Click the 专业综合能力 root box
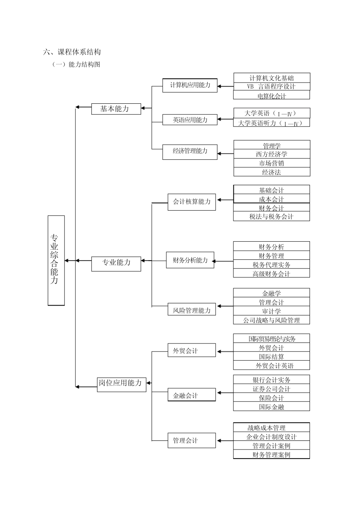[x=56, y=260]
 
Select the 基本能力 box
[x=116, y=109]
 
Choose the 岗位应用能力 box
[x=121, y=383]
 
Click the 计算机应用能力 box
[x=190, y=85]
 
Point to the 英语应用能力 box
[x=190, y=120]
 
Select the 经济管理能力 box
[x=190, y=151]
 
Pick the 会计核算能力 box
[x=191, y=202]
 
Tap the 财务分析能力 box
[x=190, y=260]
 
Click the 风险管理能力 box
[x=191, y=310]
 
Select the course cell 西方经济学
[x=271, y=154]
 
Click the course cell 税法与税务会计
[x=271, y=217]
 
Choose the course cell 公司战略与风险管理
[x=271, y=320]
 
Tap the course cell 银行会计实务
[x=271, y=380]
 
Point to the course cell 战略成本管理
[x=271, y=428]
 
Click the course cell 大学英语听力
[x=271, y=123]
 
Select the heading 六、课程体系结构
[x=72, y=52]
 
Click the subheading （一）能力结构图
[x=76, y=64]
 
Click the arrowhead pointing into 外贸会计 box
[x=219, y=351]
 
